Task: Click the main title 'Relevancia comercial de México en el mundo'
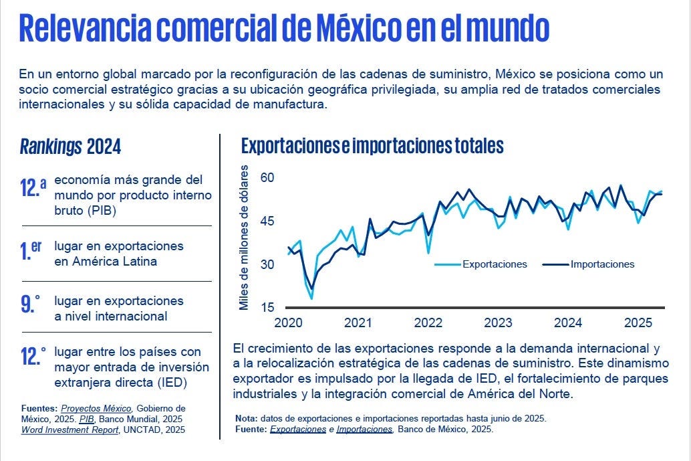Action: [x=285, y=29]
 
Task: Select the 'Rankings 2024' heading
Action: [x=71, y=147]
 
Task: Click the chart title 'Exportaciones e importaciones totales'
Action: [x=372, y=145]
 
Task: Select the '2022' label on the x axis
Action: [x=428, y=323]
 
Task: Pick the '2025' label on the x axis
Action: [x=638, y=323]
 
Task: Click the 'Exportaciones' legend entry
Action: [x=495, y=264]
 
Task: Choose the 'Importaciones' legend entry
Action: [x=602, y=264]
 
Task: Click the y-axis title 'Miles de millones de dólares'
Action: [x=244, y=237]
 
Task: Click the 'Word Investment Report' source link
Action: [x=70, y=430]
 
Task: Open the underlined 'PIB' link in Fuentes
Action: [x=86, y=419]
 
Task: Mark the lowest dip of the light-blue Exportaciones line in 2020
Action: [x=311, y=298]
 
